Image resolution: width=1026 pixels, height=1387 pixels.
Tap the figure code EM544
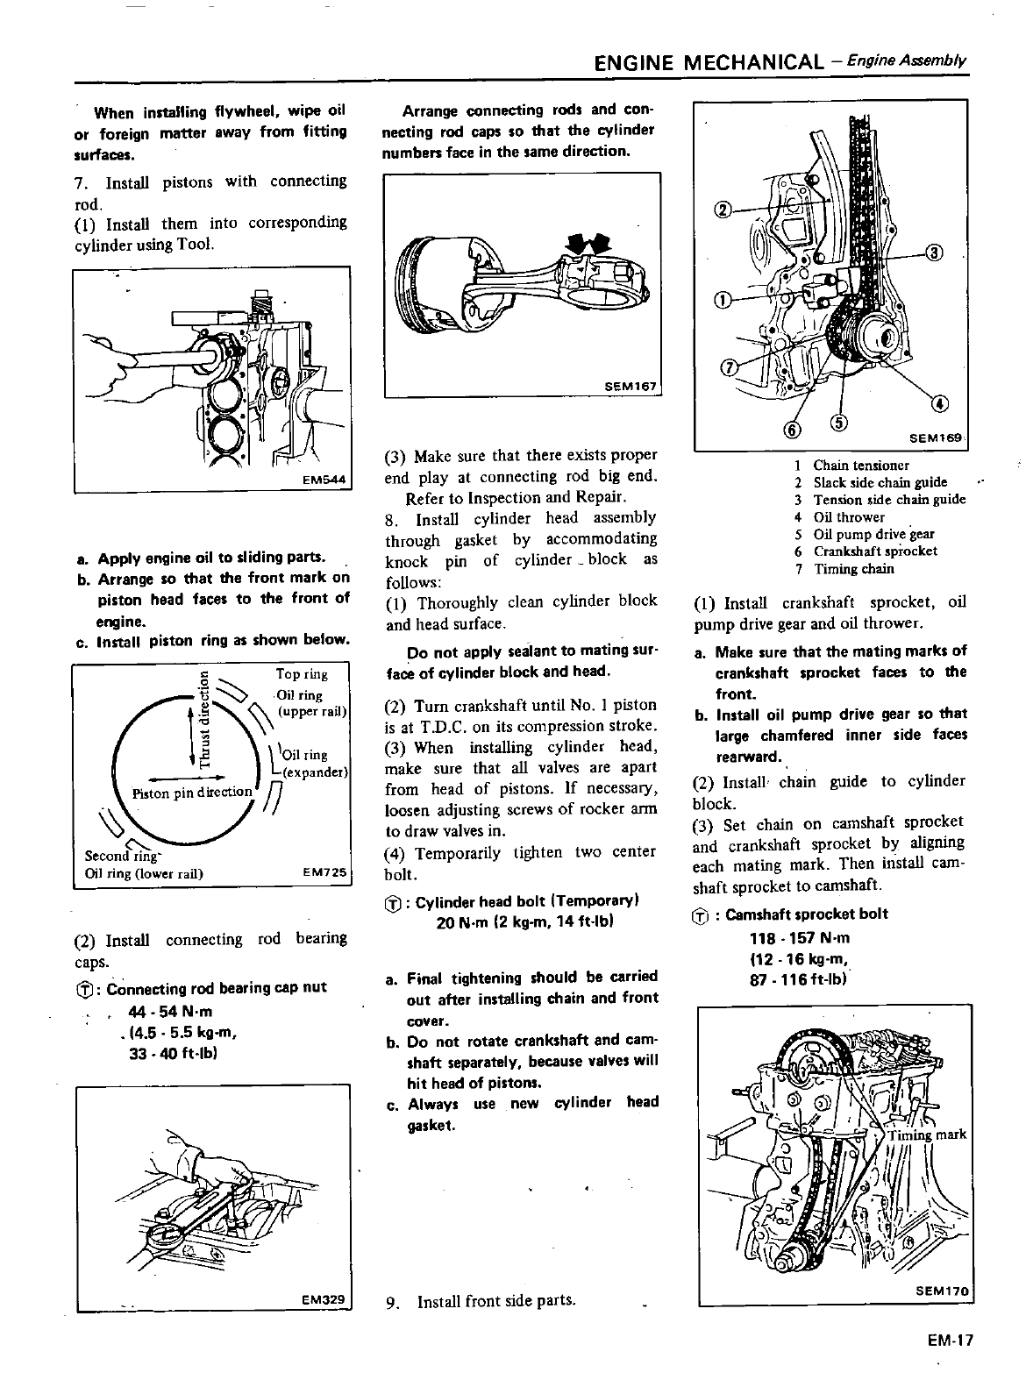(325, 480)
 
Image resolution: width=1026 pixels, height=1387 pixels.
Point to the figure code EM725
(324, 873)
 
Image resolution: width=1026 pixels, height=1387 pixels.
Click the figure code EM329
(324, 1299)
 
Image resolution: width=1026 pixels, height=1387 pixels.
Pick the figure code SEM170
(942, 1291)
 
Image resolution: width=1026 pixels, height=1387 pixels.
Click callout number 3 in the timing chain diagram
(935, 253)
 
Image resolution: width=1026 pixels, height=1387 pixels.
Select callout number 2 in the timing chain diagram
(723, 209)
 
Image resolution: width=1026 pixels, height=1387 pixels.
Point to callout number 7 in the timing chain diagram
(727, 366)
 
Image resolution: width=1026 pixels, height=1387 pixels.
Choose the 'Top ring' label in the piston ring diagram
(302, 674)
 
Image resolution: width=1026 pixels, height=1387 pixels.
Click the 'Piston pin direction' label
(191, 793)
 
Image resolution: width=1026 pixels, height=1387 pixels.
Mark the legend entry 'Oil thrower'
(849, 516)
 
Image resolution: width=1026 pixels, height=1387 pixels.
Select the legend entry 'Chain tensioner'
(860, 466)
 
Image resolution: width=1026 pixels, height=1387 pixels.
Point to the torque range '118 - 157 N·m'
(799, 937)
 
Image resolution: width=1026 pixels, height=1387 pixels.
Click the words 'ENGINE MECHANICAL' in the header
(709, 62)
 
